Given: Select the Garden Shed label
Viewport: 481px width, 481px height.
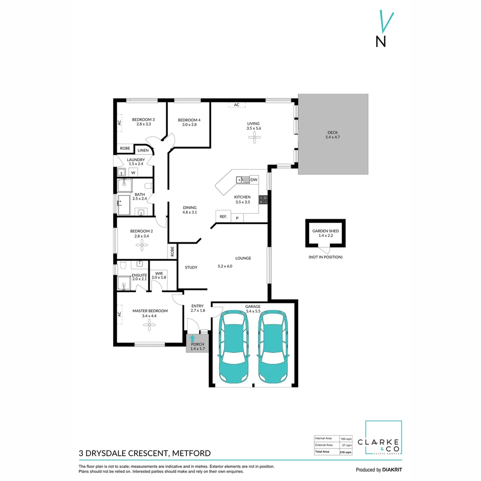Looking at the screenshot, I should point(325,233).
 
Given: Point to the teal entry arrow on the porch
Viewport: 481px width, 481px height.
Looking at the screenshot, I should point(192,338).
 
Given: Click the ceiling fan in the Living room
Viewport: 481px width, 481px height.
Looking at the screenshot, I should point(253,139).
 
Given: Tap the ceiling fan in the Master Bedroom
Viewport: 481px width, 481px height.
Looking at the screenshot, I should point(148,325).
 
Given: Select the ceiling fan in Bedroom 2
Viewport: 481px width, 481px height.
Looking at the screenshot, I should point(142,245).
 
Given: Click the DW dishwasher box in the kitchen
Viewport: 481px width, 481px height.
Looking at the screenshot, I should point(254,179).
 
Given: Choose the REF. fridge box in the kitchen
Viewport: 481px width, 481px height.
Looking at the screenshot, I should point(223,217).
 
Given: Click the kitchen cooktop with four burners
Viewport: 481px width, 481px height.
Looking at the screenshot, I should point(263,200).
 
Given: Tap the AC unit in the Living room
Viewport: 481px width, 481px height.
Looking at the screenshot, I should point(236,105).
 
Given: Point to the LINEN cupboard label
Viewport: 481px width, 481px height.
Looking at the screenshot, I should point(143,151).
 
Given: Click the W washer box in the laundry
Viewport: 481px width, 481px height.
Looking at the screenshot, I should point(133,172).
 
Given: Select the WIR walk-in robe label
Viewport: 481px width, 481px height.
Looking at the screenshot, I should point(159,275).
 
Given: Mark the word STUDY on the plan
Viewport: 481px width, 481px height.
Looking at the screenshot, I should point(191,267).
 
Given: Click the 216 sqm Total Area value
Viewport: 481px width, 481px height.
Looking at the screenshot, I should point(346,452).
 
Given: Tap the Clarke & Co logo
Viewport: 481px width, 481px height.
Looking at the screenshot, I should point(383,438).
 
